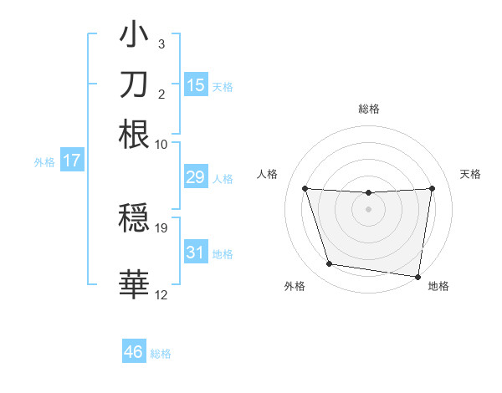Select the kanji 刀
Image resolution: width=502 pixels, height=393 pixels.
coord(134,84)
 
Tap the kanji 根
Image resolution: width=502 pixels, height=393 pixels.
coord(134,134)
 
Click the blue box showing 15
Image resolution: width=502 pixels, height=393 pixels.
coord(195,84)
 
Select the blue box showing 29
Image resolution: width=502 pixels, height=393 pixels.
coord(195,177)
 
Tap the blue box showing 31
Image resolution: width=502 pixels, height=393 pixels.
coord(195,252)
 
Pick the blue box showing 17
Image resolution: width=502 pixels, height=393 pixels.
coord(71,161)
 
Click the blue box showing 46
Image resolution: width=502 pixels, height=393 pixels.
coord(134,352)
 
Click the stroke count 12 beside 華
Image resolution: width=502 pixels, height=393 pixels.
coord(161,295)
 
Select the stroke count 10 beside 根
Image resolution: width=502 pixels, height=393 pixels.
coord(161,144)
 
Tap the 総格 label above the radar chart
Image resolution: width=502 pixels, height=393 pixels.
coord(369,109)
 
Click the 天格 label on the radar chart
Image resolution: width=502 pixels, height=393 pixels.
coord(470,174)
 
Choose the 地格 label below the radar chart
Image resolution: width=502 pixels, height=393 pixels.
coord(438,287)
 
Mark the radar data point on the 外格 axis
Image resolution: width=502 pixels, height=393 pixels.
coord(330,264)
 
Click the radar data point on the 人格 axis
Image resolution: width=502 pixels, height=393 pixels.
coord(305,188)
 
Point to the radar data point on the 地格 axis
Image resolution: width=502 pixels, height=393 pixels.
coord(417,276)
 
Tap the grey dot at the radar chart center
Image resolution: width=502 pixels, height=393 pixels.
coord(369,209)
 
